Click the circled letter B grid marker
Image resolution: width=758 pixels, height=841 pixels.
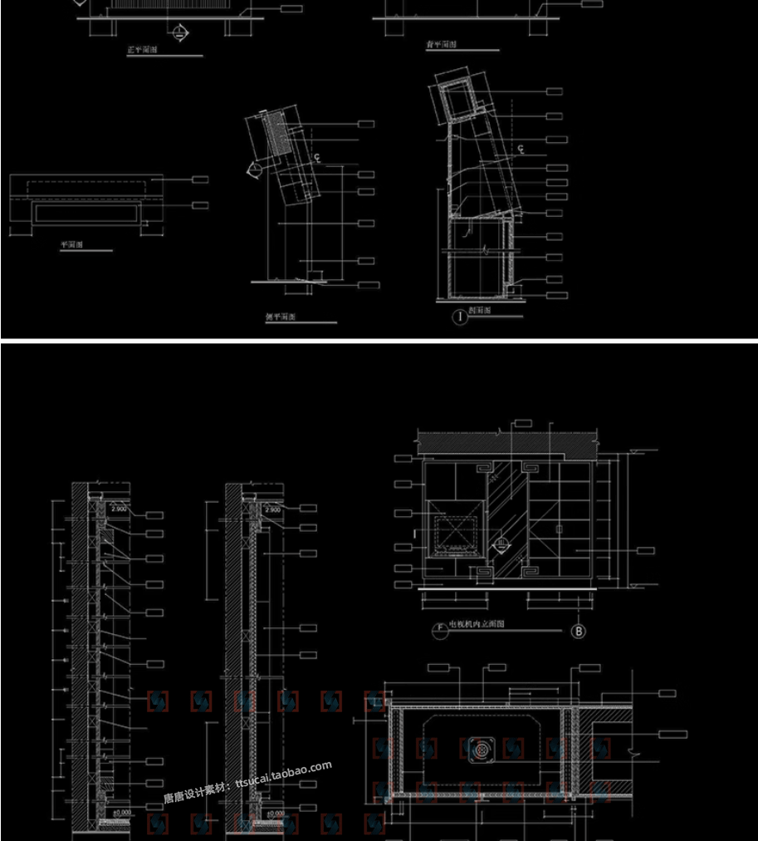coord(580,632)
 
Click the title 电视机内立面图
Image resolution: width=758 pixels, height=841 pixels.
coord(477,623)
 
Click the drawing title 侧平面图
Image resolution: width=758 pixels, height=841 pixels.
coord(281,317)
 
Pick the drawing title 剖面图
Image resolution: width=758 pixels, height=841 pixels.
coord(481,312)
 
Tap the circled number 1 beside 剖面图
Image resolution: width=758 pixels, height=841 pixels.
coord(457,316)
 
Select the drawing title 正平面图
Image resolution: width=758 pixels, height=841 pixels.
coord(143,51)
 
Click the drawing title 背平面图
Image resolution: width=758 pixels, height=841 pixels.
coord(442,45)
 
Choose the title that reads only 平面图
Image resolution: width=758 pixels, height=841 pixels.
coord(73,246)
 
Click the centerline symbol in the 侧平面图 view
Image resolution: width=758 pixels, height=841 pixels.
coord(316,157)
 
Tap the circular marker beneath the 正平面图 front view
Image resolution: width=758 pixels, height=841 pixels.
coord(179,32)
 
